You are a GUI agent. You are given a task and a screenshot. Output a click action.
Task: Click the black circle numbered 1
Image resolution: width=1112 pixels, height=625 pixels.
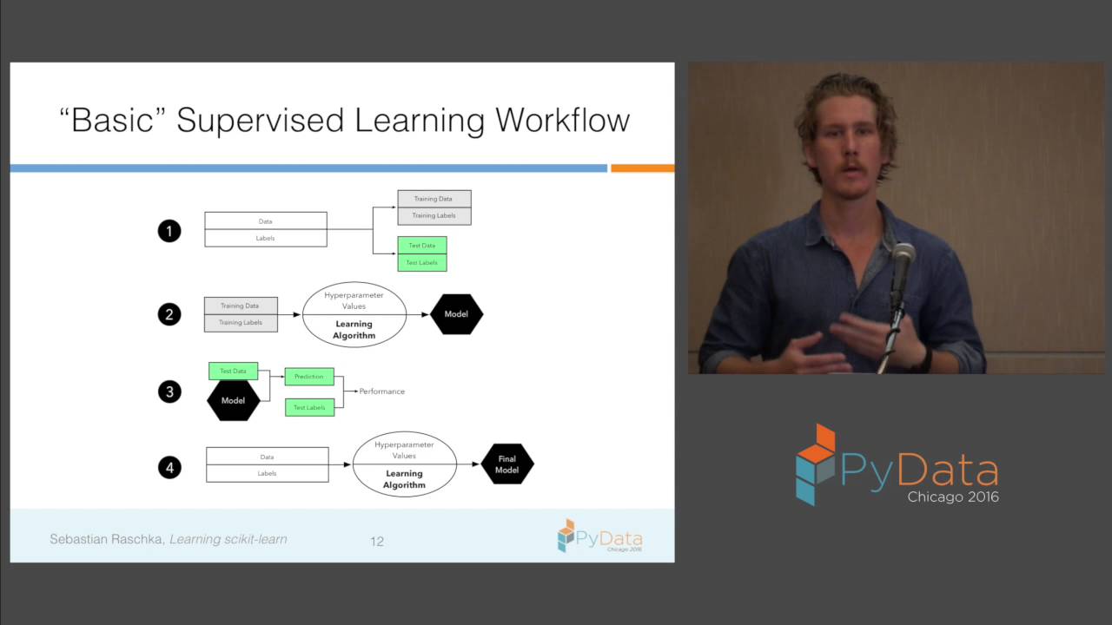point(169,231)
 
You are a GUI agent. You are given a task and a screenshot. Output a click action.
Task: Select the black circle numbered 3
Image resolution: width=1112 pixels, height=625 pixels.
point(169,391)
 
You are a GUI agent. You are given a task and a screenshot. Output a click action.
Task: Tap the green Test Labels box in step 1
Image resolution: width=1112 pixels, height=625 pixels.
point(422,262)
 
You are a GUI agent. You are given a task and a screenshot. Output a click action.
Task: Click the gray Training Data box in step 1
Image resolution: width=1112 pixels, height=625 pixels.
point(434,199)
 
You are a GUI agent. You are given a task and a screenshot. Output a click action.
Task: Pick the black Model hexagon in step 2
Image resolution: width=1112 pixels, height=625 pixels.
point(456,314)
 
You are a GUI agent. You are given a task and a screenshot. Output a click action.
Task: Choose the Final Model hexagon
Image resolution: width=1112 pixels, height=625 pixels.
point(506,464)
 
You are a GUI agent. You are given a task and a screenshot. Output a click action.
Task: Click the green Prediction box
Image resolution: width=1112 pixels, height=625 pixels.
point(309,377)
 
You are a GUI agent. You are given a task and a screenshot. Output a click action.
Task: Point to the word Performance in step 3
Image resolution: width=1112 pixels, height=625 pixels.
point(382,391)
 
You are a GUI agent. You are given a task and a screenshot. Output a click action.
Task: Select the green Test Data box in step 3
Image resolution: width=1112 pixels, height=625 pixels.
point(233,371)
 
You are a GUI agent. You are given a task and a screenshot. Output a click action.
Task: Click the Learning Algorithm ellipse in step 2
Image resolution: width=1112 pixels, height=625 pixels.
point(354,315)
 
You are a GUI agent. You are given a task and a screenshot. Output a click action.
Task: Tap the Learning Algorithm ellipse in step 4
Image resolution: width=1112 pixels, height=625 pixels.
point(404,464)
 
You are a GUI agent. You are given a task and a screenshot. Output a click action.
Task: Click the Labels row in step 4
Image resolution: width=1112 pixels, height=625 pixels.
point(267,473)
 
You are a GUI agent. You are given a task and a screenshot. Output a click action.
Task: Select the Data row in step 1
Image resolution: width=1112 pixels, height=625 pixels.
point(265,221)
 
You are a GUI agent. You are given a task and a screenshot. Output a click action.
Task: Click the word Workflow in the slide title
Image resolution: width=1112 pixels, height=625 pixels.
point(563,120)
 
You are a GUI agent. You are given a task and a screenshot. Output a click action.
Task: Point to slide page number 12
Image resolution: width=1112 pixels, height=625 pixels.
point(377,541)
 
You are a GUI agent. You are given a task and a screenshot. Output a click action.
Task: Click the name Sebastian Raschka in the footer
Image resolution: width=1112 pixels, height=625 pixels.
point(106,539)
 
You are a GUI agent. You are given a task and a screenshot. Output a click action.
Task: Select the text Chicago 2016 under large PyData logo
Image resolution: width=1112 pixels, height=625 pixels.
point(953,497)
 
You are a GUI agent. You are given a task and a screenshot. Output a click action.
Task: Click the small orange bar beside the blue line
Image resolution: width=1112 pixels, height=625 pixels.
point(642,168)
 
